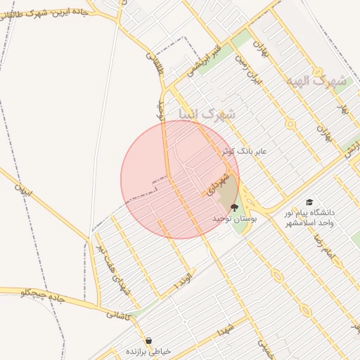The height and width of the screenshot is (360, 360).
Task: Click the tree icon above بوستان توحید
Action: click(x=233, y=207)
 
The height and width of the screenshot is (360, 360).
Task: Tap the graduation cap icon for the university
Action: click(x=309, y=202)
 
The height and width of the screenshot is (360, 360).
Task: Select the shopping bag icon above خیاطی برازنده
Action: click(x=148, y=340)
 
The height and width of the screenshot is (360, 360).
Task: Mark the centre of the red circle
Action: click(x=180, y=179)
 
